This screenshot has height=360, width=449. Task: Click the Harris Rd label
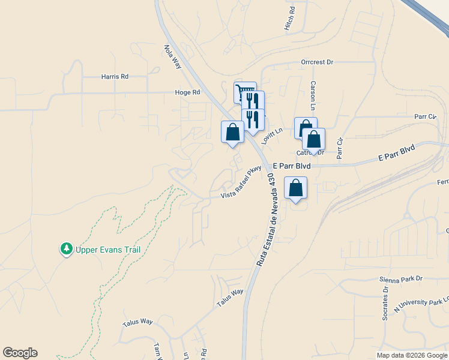115,77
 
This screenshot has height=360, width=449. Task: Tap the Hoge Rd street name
187,92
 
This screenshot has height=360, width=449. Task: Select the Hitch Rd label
291,19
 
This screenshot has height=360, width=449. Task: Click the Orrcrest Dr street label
317,62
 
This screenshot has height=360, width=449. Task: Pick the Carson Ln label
313,95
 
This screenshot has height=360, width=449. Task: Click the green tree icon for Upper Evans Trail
65,248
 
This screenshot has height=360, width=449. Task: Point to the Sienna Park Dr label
401,279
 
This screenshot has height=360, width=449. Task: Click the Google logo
20,353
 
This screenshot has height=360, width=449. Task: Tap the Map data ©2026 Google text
411,355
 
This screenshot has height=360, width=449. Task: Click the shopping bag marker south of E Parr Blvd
295,188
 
